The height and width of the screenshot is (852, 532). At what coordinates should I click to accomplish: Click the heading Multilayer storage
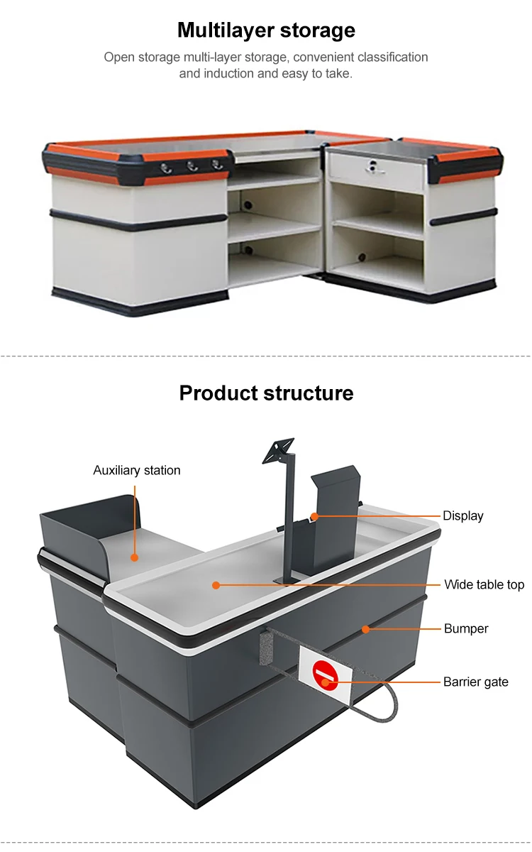point(266,31)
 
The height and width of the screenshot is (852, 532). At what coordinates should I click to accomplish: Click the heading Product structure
point(266,393)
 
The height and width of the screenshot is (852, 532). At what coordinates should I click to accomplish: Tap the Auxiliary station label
point(137,470)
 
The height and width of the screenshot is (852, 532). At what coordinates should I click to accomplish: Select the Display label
point(463,515)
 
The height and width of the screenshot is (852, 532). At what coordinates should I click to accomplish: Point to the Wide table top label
point(484,584)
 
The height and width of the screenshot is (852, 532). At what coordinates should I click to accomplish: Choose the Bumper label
point(466,628)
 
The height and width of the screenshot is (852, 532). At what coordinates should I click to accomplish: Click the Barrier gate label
point(476,682)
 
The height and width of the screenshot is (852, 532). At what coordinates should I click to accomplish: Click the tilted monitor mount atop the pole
point(279,451)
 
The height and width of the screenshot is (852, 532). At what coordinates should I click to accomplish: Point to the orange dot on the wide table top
point(216,585)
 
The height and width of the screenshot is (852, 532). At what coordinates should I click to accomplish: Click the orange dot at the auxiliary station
point(135,557)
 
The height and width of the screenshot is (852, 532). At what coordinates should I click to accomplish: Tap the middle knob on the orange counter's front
point(191,166)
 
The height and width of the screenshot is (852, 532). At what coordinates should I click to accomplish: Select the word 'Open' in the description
point(118,57)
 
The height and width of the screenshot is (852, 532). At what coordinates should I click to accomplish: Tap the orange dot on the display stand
point(312,515)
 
